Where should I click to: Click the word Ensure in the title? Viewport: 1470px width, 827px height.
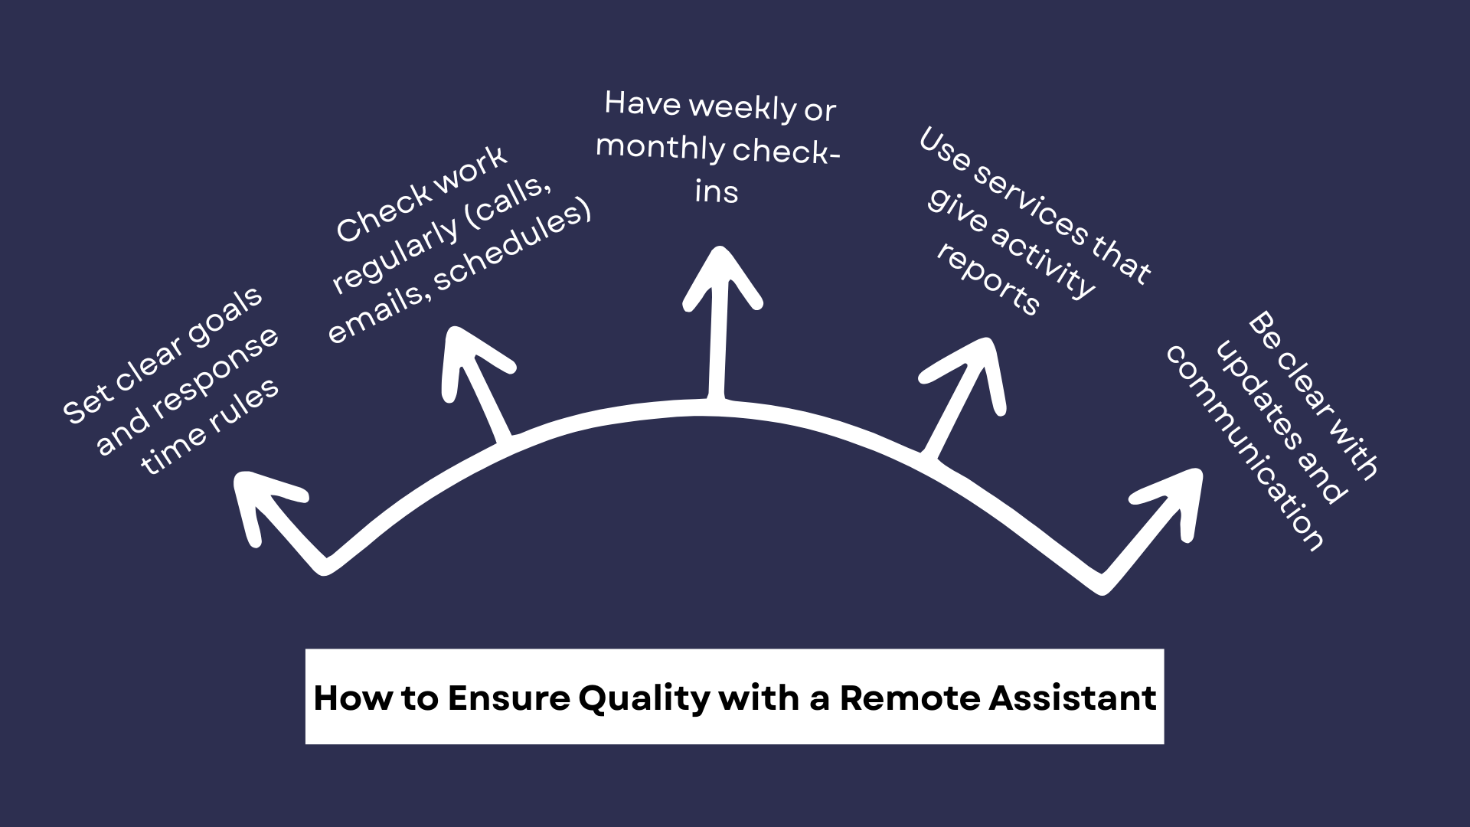[509, 698]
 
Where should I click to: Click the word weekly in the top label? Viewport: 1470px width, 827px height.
[743, 107]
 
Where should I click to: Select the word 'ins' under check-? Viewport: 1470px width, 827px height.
[717, 191]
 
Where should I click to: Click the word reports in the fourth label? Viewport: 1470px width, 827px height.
[988, 280]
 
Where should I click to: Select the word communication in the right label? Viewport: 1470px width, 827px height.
[1244, 448]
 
